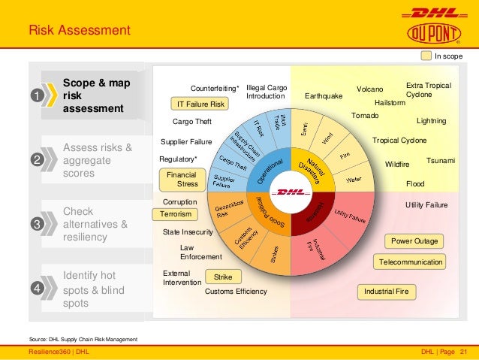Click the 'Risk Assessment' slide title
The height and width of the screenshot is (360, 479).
coord(80,31)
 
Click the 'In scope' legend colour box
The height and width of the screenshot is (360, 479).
coord(426,56)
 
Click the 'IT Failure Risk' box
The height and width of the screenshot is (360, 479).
coord(200,104)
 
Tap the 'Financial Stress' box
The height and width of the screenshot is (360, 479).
coord(181,179)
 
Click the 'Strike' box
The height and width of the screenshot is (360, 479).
coord(222,277)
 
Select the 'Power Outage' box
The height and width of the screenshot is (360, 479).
coord(414,241)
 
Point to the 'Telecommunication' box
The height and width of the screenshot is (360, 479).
coord(411,262)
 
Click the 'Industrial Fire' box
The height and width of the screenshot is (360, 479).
coord(390,291)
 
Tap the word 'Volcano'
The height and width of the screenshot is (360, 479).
coord(369,89)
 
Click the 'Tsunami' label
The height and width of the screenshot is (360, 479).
coord(441,161)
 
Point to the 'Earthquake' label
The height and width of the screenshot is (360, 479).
coord(324,96)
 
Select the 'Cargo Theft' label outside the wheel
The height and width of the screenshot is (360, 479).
coord(192,121)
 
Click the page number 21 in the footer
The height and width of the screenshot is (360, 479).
coord(463,352)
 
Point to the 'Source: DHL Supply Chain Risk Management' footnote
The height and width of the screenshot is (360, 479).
coord(83,340)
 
